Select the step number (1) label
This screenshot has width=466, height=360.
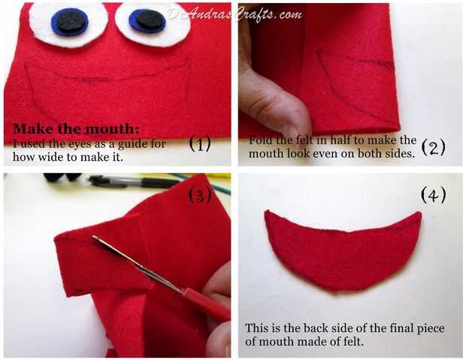pos(200,144)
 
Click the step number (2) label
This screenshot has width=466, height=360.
pos(434,147)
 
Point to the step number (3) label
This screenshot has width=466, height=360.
pos(200,195)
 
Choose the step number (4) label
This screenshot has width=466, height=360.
pos(434,195)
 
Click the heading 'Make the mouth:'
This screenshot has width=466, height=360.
pos(76,129)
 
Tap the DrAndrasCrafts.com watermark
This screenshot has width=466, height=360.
pos(235,14)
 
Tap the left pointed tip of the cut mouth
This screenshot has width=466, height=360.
pos(267,211)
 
